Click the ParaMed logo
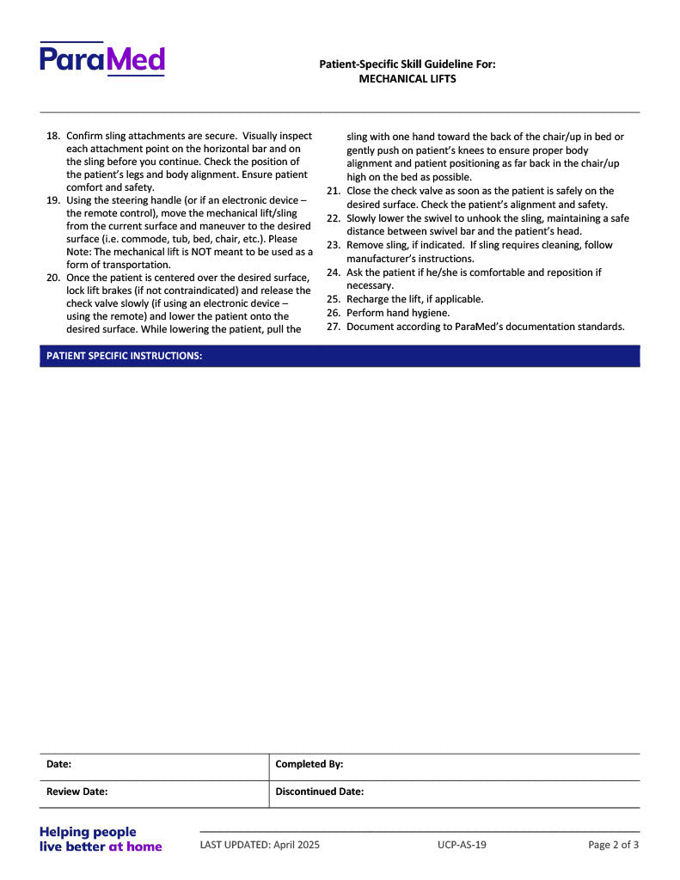101,59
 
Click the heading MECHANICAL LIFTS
407,79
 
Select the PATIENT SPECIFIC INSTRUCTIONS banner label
125,356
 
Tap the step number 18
52,136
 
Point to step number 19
52,200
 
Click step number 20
52,278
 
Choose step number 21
334,191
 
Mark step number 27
334,327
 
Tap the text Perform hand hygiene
398,313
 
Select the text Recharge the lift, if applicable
414,299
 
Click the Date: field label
58,764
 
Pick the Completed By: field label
309,764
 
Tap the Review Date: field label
77,791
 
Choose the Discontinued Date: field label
319,791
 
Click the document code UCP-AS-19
462,845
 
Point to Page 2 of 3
613,845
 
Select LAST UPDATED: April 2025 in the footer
260,845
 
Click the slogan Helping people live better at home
101,839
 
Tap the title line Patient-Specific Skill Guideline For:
407,64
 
